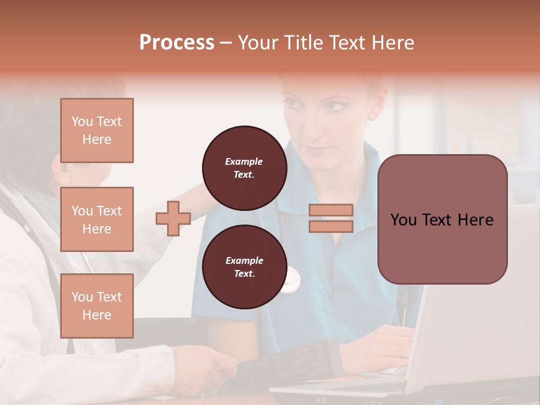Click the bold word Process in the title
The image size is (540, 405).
[x=177, y=43]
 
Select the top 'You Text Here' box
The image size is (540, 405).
[x=97, y=130]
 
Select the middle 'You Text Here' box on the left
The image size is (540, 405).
[x=97, y=219]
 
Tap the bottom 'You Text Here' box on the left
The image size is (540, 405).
[x=97, y=305]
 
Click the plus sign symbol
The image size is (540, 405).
[x=173, y=218]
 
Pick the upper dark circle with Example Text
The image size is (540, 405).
[x=244, y=168]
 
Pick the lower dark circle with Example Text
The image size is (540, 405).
[x=244, y=267]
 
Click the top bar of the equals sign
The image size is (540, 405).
[x=331, y=210]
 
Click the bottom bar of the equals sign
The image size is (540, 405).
[x=331, y=226]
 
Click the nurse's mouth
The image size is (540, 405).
[x=318, y=150]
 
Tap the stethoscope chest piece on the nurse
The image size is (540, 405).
[x=290, y=280]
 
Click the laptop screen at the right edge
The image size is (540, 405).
[x=495, y=315]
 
